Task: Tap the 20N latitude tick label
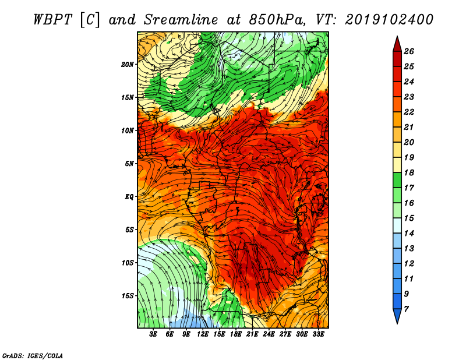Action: (128, 64)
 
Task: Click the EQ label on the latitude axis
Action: (129, 196)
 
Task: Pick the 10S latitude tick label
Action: (128, 263)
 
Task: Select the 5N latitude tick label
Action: (129, 164)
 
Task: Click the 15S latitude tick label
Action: (128, 295)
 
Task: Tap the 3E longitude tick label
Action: (154, 335)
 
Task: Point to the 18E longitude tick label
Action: (236, 335)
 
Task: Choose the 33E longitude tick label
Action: (318, 335)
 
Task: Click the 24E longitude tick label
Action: (269, 335)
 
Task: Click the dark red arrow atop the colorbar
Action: (397, 43)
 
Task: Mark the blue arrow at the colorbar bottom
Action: (397, 316)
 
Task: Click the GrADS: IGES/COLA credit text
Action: (33, 355)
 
